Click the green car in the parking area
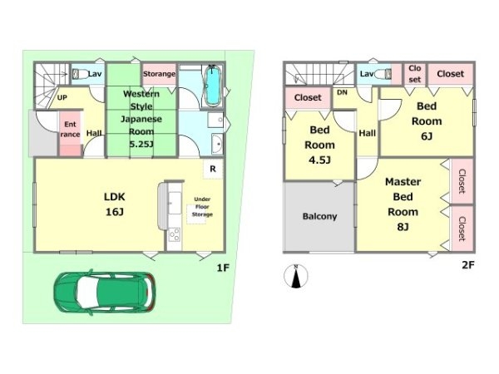tap(105, 293)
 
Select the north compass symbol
tap(296, 276)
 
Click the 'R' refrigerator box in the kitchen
tap(213, 169)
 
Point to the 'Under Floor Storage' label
tap(202, 207)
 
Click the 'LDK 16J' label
tap(115, 204)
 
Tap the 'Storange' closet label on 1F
tap(159, 74)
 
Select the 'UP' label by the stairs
tap(62, 97)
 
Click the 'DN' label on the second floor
tap(342, 92)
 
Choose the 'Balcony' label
tap(319, 217)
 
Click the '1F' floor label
tap(223, 268)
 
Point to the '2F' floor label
tap(468, 265)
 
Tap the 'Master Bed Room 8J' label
tap(403, 204)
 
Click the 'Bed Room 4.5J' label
tap(319, 145)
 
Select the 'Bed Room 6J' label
tap(427, 121)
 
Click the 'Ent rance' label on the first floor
tap(70, 129)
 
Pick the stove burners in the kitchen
tap(174, 235)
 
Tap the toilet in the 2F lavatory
tap(383, 74)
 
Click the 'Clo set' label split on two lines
tap(415, 74)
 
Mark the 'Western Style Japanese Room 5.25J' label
tap(141, 119)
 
